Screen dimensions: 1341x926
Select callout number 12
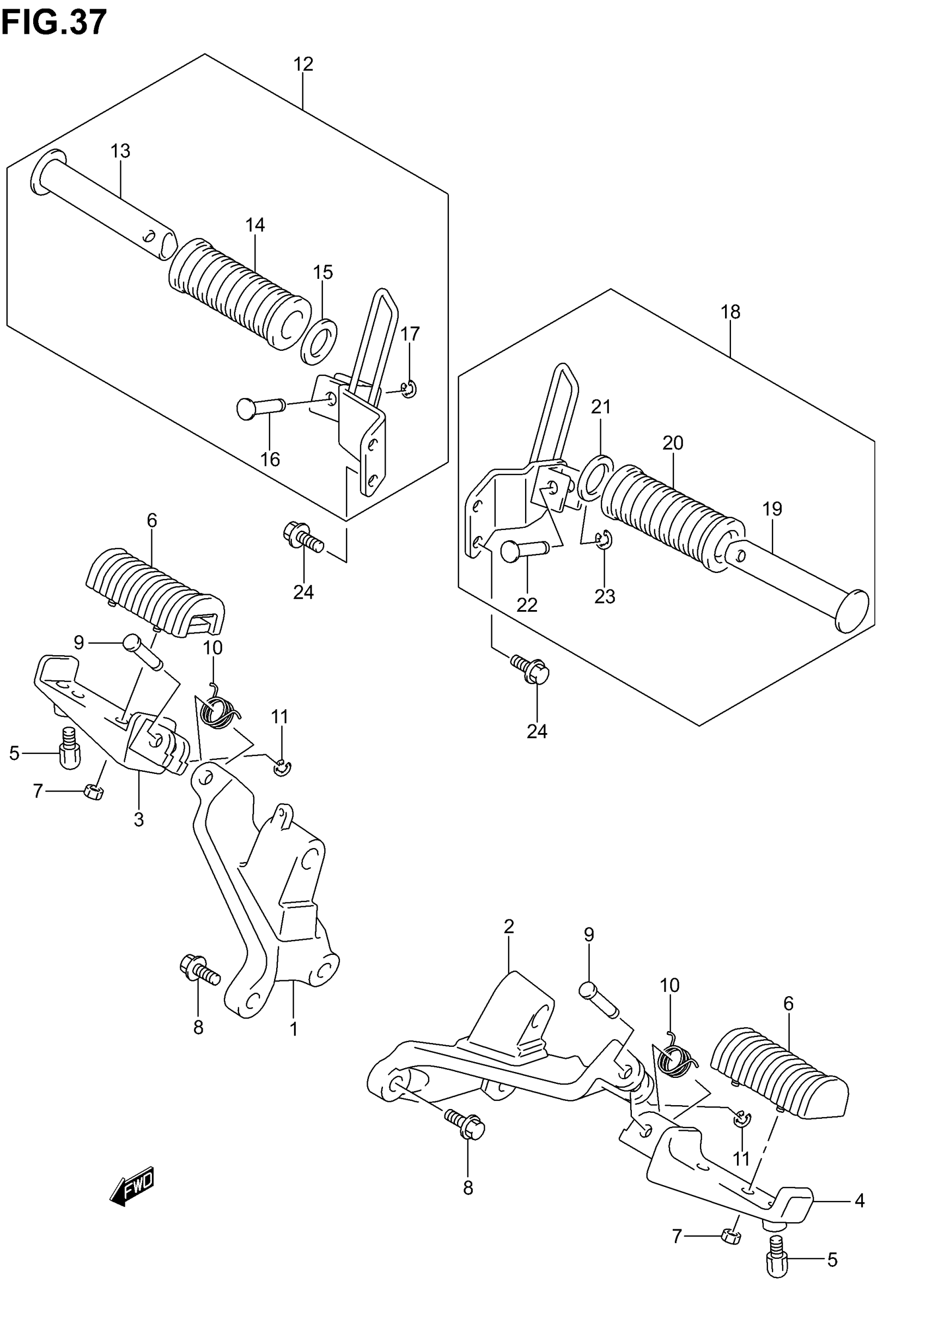(303, 64)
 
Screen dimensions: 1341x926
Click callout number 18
(730, 312)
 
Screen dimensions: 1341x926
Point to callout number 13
(121, 151)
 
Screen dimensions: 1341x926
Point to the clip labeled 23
(604, 539)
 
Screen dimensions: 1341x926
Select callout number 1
(294, 1029)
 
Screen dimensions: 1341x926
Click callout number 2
(509, 926)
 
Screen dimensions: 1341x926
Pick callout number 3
(139, 819)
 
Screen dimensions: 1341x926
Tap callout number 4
(860, 1200)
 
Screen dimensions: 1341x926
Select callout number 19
(772, 509)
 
